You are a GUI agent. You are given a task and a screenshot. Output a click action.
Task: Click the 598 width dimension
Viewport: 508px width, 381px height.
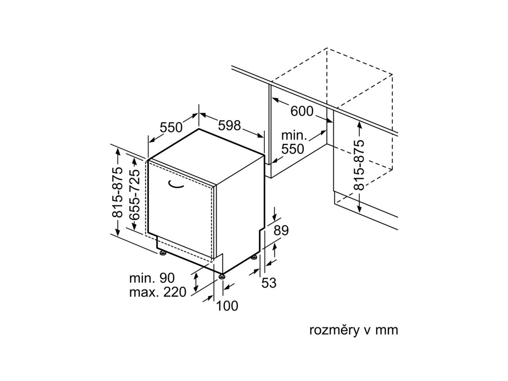tap(229, 126)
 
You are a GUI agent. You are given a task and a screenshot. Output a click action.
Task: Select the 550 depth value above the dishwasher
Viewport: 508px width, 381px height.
tap(171, 127)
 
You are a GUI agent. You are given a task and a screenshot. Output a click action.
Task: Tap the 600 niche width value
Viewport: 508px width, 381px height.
tap(302, 111)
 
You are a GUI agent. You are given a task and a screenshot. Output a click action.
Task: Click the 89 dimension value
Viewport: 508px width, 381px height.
tap(281, 231)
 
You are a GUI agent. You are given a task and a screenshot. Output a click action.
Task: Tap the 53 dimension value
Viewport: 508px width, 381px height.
tap(268, 283)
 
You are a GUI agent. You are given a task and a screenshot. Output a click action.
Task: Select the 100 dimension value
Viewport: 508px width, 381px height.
tap(227, 306)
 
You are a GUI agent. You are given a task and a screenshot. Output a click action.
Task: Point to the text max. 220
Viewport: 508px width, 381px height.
tap(157, 292)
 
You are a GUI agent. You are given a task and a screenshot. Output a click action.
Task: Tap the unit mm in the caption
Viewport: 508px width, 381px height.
tap(387, 330)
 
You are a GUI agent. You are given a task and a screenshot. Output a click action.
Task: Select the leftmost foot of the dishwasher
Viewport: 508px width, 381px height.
tap(162, 254)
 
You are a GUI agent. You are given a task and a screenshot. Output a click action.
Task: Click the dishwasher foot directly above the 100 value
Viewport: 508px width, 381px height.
tap(221, 274)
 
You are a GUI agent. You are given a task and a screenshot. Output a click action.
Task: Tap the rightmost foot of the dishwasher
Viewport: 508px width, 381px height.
tap(254, 257)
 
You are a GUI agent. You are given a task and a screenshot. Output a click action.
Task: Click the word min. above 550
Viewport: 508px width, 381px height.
tap(294, 135)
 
